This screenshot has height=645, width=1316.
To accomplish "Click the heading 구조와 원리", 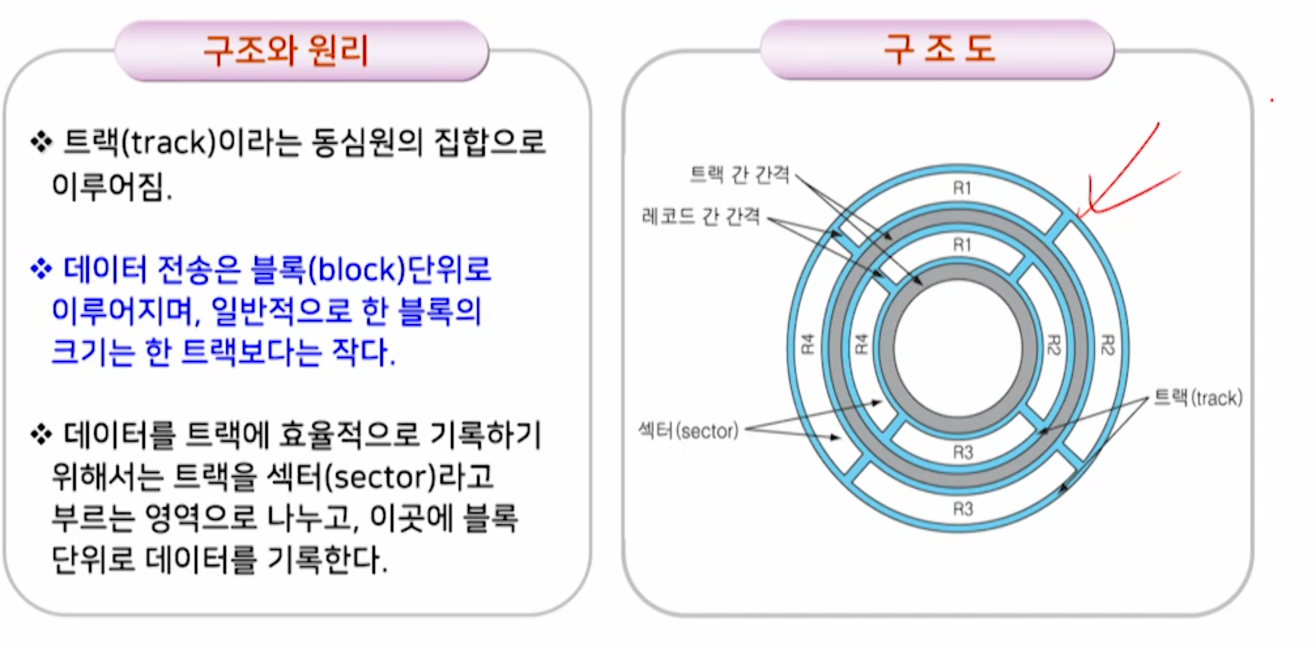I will coord(286,50).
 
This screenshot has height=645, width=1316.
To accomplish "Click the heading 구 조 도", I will coord(939,48).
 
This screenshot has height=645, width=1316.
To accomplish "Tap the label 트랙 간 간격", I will coord(740,174).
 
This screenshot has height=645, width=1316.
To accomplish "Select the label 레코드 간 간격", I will coord(700,216).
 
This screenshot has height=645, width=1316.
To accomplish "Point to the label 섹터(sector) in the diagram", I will coord(688,431).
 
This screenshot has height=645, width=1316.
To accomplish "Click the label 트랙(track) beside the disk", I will coord(1198,397).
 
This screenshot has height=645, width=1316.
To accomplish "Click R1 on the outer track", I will coord(961,188).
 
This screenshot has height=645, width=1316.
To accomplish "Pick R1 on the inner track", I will coord(961,245).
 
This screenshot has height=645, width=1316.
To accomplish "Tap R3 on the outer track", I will coord(962,508).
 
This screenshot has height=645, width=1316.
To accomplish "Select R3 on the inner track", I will coord(962,452).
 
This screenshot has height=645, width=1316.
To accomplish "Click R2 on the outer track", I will coord(1107,344).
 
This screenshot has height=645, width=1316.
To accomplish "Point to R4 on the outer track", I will coord(808,344).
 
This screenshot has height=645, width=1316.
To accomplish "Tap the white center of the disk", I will coord(958,346).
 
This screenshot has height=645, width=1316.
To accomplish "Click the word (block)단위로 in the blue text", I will coord(399,269).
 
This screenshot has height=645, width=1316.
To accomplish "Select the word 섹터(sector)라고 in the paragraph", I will coord(380,477).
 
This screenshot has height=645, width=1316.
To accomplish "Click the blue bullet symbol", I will coord(41,269).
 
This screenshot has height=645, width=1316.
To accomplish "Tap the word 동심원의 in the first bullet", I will coord(367,142).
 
